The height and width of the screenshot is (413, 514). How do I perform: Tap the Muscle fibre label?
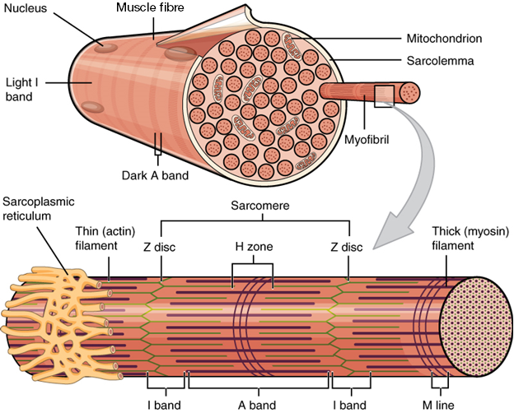coord(149,9)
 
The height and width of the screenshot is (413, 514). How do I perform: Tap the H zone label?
coord(253,245)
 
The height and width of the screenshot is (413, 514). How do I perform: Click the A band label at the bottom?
coord(258,404)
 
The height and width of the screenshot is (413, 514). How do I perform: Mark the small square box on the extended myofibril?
coord(384,95)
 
